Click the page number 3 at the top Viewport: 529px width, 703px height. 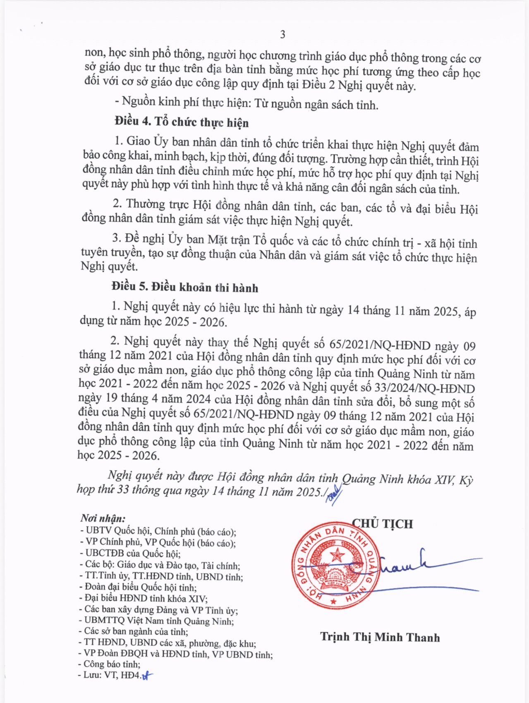tap(283, 34)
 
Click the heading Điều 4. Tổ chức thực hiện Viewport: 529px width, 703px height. tap(182, 122)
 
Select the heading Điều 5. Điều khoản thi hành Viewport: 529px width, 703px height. tap(184, 287)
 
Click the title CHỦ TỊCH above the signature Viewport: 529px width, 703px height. tap(383, 524)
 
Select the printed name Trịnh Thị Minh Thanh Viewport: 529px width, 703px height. tap(380, 637)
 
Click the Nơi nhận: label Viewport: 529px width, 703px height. tap(103, 518)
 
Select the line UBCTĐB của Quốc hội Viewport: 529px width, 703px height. tap(132, 553)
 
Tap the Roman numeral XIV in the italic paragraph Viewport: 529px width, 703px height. tap(444, 480)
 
